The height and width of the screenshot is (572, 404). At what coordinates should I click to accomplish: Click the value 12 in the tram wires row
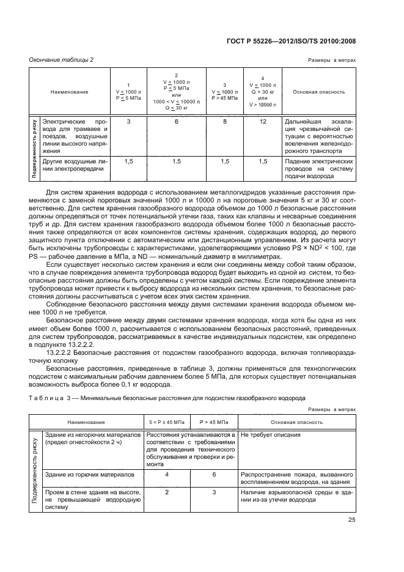coord(263,122)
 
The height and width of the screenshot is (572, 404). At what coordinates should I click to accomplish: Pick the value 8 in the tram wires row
coord(225,122)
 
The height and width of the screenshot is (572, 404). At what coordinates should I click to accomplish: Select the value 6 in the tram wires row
coord(177,122)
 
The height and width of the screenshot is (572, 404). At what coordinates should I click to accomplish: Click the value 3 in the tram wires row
coord(128,122)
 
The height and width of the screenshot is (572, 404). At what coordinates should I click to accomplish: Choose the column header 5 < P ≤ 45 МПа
coord(167,422)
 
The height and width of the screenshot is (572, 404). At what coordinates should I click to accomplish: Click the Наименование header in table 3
coord(86,422)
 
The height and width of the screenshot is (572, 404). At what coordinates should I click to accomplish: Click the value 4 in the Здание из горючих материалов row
coord(167,474)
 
